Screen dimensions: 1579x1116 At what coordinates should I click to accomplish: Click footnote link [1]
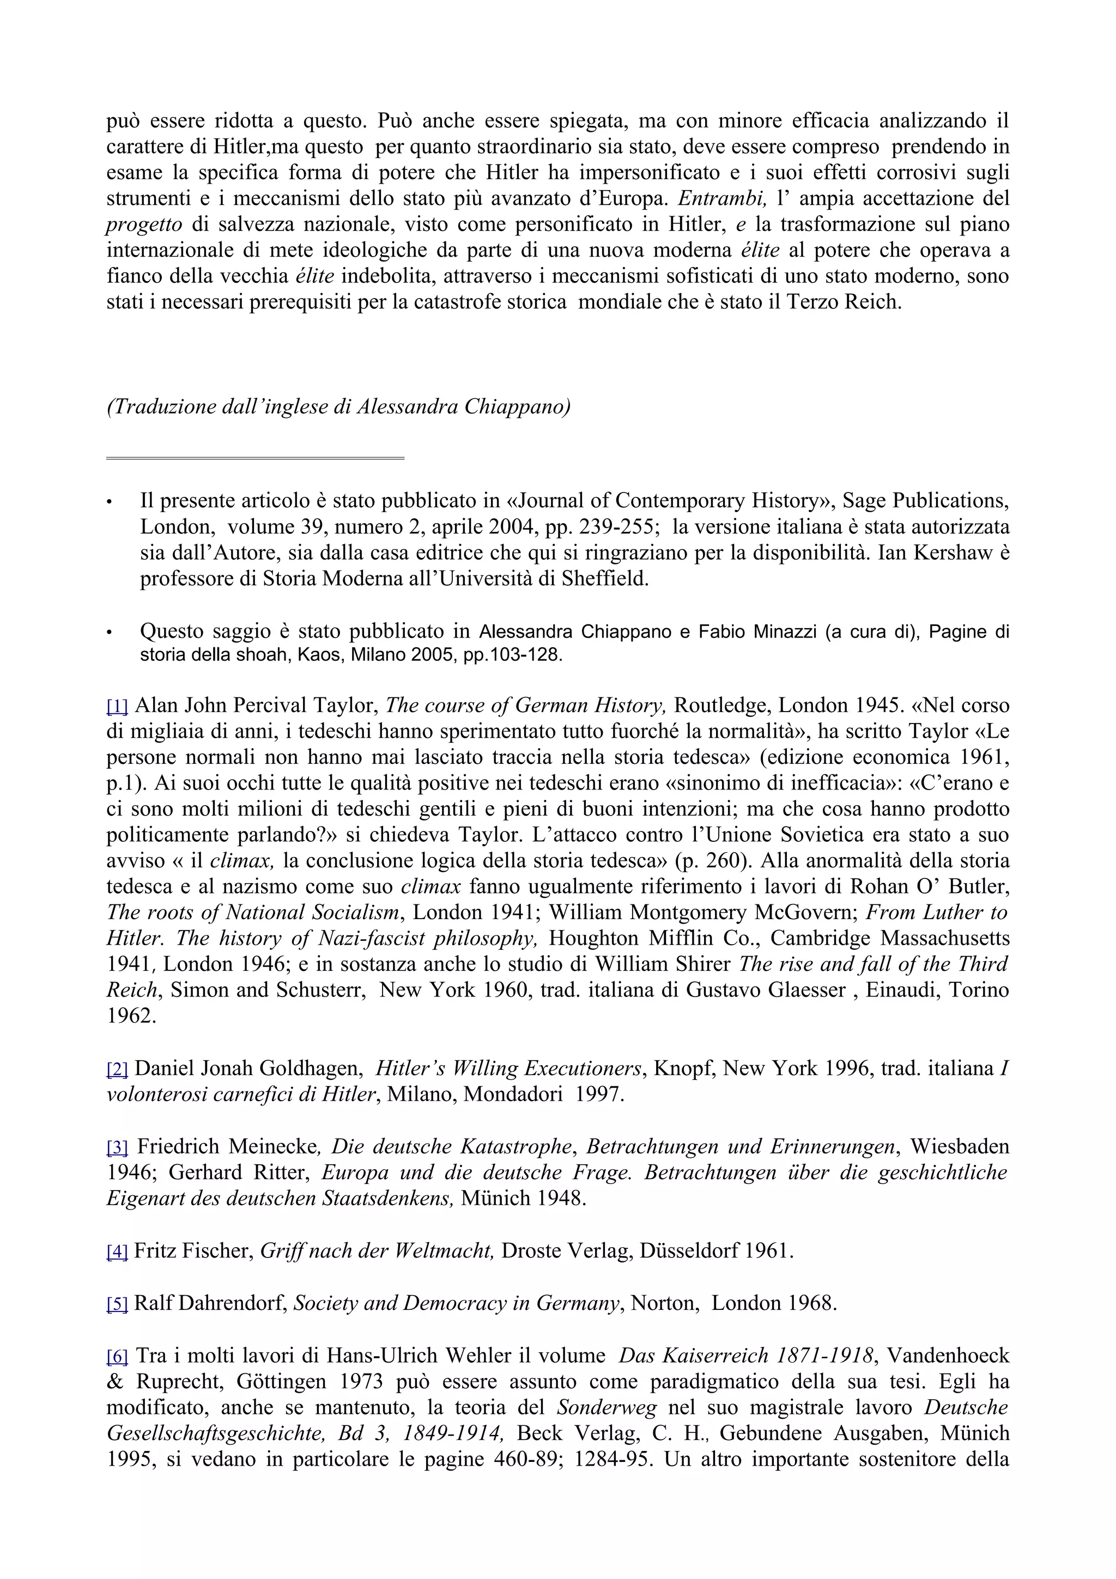117,706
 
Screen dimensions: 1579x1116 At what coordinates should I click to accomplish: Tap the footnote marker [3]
117,1147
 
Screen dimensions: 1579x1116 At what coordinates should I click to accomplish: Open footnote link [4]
117,1252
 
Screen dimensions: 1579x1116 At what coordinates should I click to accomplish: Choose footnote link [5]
117,1304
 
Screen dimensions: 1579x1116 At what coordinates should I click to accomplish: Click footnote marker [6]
117,1356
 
